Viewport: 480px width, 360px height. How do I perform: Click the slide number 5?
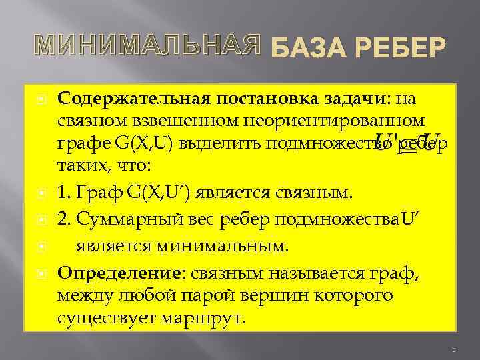click(453, 349)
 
